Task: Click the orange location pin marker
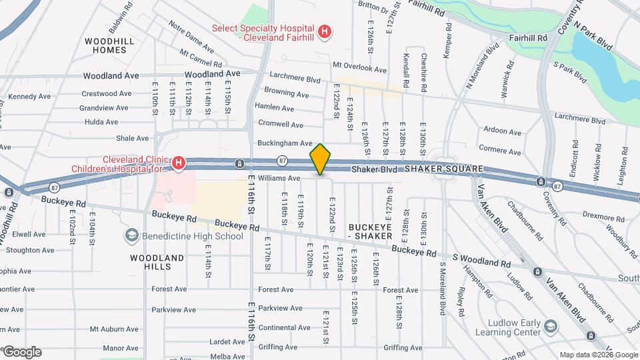pos(321,159)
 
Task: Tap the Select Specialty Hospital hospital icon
pos(324,31)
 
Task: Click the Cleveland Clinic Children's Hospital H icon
pos(178,162)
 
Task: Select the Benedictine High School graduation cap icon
pos(131,235)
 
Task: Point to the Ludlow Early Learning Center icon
pos(551,325)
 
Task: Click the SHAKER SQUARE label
pos(442,169)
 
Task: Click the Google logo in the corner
pos(21,352)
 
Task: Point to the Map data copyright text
pos(598,355)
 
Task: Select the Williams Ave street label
pos(279,178)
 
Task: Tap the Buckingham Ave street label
pos(285,143)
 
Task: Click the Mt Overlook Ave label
pos(359,69)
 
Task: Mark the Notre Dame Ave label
pos(191,37)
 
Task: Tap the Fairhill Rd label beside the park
pos(528,38)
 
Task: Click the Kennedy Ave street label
pos(30,97)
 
